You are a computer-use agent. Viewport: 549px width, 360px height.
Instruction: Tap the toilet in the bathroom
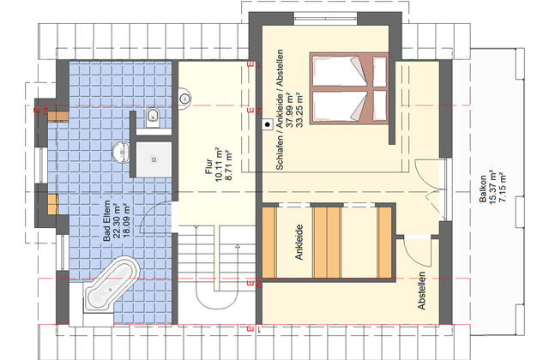tap(153, 117)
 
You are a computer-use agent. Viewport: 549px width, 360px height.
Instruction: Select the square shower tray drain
tap(154, 159)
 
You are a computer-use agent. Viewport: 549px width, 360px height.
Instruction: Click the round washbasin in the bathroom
tap(121, 153)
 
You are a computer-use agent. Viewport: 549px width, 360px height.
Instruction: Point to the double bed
tap(349, 88)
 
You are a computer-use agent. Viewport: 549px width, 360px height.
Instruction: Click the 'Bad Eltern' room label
tap(106, 220)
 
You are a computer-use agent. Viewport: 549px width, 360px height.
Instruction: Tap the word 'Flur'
tap(209, 166)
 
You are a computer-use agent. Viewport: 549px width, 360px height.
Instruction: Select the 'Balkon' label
tap(483, 189)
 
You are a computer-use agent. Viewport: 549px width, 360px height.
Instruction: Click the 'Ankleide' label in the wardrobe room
tap(299, 242)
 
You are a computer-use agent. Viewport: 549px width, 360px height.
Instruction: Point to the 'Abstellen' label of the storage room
tap(422, 291)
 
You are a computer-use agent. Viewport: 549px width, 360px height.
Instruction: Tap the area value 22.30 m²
tap(117, 221)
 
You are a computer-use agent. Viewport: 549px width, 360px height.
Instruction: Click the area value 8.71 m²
tap(229, 166)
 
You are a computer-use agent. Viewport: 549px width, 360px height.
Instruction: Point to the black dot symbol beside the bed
tap(268, 124)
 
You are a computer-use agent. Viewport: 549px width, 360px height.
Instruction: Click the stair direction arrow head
tap(238, 247)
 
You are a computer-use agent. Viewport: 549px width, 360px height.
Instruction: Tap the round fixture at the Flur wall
tap(184, 99)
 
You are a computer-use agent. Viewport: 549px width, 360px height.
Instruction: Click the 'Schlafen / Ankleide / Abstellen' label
tap(280, 110)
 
